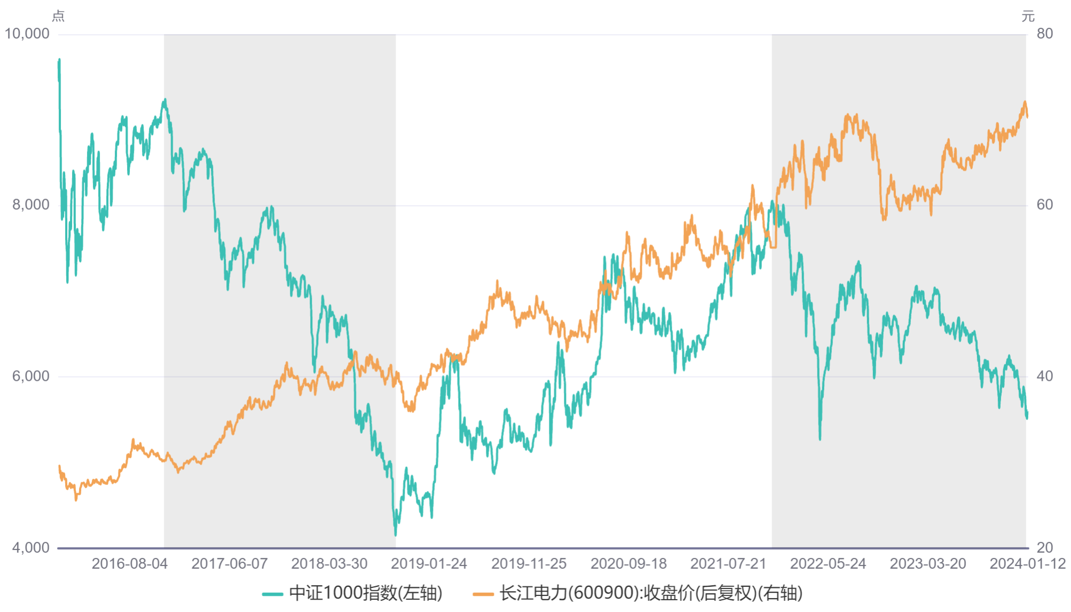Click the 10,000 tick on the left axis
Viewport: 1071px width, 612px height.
tap(27, 34)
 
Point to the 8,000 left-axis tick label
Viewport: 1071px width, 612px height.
tap(30, 205)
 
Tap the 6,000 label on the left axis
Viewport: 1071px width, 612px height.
tap(30, 376)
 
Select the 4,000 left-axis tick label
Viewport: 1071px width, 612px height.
tap(30, 547)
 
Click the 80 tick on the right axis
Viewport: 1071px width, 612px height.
tap(1044, 34)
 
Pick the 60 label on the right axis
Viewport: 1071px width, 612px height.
tap(1044, 205)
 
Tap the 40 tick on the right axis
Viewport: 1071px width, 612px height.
tap(1044, 376)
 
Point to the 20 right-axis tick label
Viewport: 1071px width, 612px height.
tap(1044, 547)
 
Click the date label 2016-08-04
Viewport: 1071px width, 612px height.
tap(130, 564)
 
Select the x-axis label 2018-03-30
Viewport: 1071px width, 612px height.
tap(329, 564)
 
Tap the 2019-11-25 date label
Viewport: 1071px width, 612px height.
tap(529, 564)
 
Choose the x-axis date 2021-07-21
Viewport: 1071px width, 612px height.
tap(728, 564)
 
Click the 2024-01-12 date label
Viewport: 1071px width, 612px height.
tap(1027, 564)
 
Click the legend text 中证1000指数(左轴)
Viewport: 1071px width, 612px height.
tap(366, 593)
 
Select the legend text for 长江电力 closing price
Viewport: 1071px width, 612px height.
tap(651, 593)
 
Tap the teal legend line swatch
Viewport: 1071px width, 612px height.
tap(272, 594)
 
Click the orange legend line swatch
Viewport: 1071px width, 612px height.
tap(483, 594)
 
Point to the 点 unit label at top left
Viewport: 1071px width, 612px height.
tap(58, 16)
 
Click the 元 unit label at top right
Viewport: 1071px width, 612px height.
tap(1028, 16)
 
